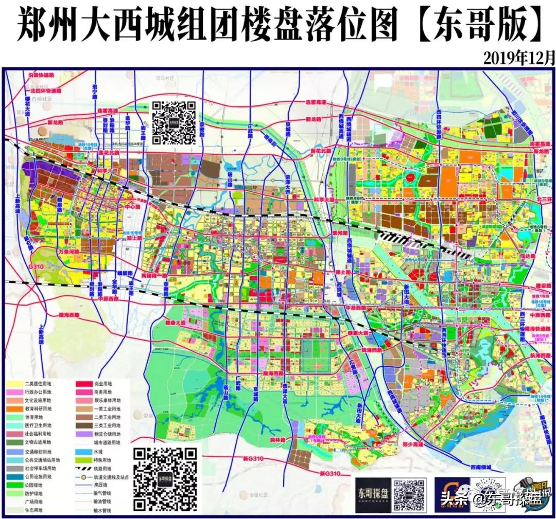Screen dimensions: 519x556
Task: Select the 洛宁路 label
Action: (95, 91)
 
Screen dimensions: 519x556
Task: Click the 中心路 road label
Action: (118, 206)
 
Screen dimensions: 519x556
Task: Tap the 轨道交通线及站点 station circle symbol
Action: (84, 476)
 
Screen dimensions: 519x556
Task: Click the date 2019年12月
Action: (519, 57)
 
